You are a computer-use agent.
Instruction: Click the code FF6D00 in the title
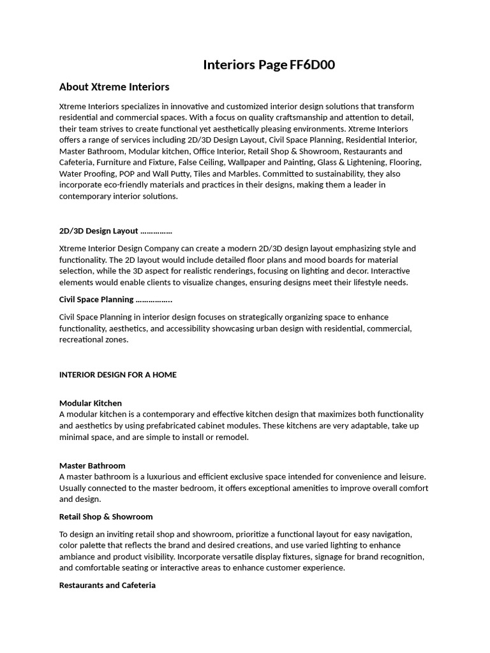coord(312,64)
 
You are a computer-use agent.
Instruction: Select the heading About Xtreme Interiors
coord(114,87)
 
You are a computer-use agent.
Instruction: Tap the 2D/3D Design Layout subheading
coord(99,231)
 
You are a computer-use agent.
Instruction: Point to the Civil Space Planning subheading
coord(96,299)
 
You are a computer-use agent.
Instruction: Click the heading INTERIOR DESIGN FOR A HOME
coord(118,374)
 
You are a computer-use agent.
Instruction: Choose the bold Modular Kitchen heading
coord(91,403)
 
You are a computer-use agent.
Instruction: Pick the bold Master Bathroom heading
coord(93,466)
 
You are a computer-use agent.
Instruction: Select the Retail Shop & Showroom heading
coord(106,517)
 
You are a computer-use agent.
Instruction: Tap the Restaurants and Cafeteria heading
coord(107,585)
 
